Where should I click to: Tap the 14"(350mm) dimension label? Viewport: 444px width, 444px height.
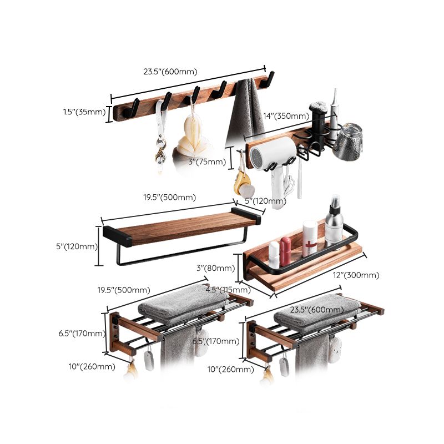pyautogui.click(x=286, y=116)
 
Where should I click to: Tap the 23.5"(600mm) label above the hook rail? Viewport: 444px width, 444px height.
pyautogui.click(x=170, y=71)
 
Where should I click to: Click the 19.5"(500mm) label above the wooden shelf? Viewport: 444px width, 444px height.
pyautogui.click(x=169, y=197)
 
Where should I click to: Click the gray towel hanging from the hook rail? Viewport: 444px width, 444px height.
pyautogui.click(x=245, y=110)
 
